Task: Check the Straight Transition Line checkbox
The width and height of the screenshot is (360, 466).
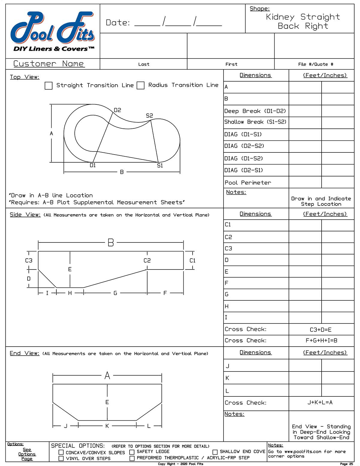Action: (x=48, y=86)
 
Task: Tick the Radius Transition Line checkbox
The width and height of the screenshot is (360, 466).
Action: (x=140, y=86)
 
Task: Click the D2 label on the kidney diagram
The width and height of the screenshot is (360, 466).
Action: (x=117, y=110)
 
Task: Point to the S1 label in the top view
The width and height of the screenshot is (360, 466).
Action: (x=160, y=165)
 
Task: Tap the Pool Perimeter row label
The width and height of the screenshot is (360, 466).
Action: (x=248, y=182)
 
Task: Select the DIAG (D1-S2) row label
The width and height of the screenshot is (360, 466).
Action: (x=244, y=158)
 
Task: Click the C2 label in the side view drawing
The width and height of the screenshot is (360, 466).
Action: (x=147, y=260)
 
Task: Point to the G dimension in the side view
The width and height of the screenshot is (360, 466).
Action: (x=115, y=293)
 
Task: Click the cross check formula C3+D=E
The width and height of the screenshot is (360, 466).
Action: (x=321, y=329)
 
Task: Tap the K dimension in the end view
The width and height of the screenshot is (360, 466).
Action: (x=107, y=425)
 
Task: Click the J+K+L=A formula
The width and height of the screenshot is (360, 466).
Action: (x=320, y=402)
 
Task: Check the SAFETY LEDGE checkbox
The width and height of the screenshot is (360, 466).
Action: (x=132, y=452)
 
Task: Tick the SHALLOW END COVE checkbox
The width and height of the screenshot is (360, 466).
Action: (x=215, y=452)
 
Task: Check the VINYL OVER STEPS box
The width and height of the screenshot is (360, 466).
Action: (x=61, y=458)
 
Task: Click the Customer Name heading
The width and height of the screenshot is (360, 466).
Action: (x=49, y=64)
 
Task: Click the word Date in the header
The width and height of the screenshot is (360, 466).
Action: (x=118, y=23)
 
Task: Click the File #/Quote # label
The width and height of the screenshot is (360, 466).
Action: (x=316, y=64)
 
